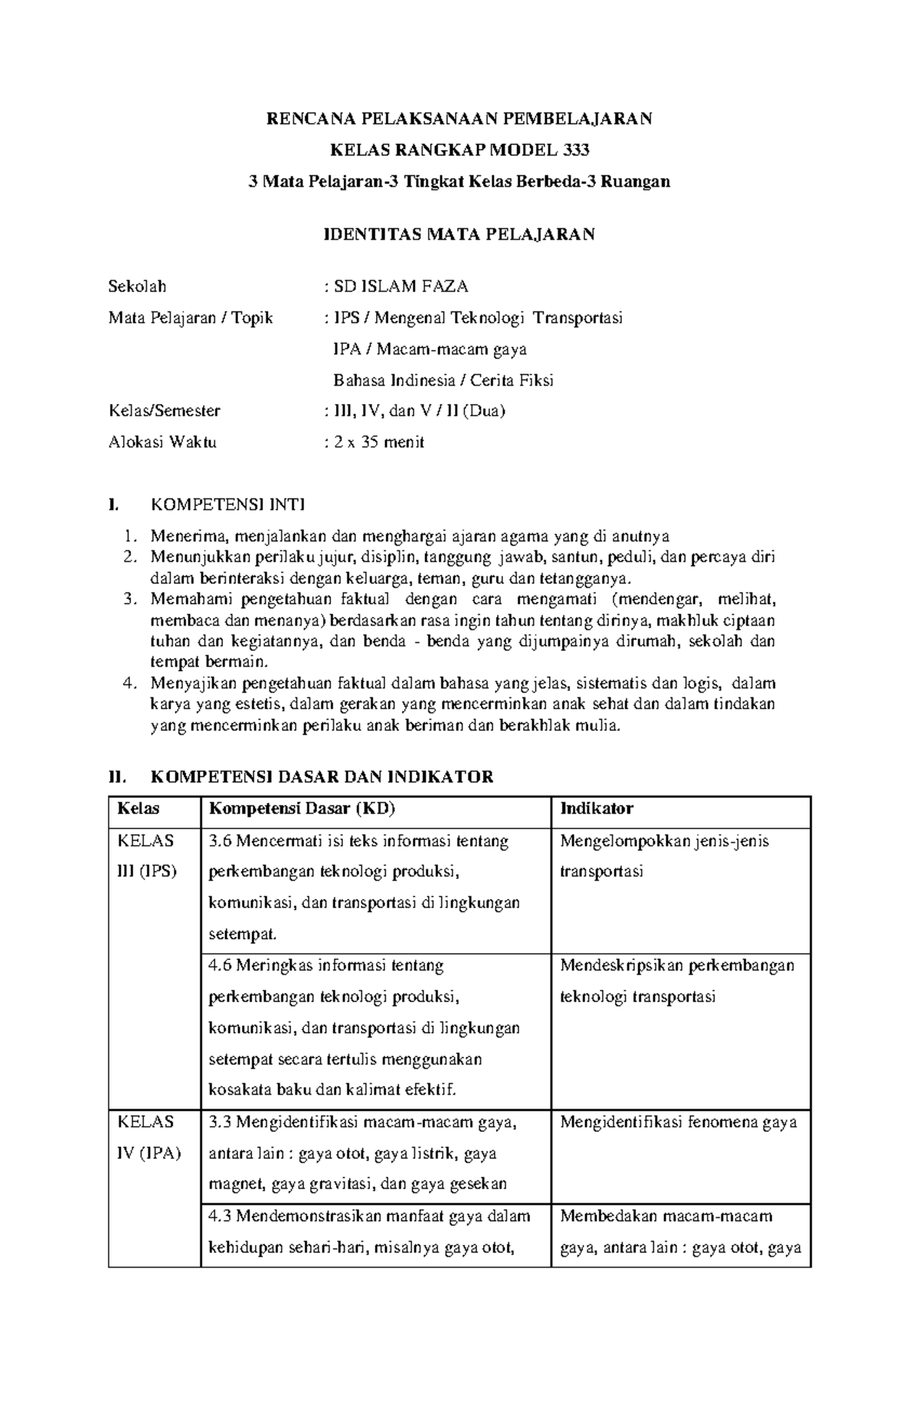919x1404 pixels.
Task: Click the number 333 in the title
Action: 574,150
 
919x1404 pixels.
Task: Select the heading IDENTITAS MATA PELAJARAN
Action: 459,234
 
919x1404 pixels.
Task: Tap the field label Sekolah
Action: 137,287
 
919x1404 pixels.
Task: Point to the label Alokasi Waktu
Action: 162,442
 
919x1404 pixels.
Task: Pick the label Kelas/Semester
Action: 165,411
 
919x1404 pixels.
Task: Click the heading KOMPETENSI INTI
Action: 228,504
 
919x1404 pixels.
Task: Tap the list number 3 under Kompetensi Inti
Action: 129,599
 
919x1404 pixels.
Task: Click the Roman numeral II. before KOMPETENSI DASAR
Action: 116,778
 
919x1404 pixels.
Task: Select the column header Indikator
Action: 597,809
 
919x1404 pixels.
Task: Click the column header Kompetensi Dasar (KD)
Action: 302,809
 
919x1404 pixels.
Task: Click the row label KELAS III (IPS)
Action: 146,856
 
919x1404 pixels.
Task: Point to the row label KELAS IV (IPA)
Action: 149,1138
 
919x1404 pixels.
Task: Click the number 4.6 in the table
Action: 220,966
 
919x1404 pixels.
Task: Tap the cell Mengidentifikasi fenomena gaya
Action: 679,1123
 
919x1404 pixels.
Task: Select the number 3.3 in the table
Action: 220,1123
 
